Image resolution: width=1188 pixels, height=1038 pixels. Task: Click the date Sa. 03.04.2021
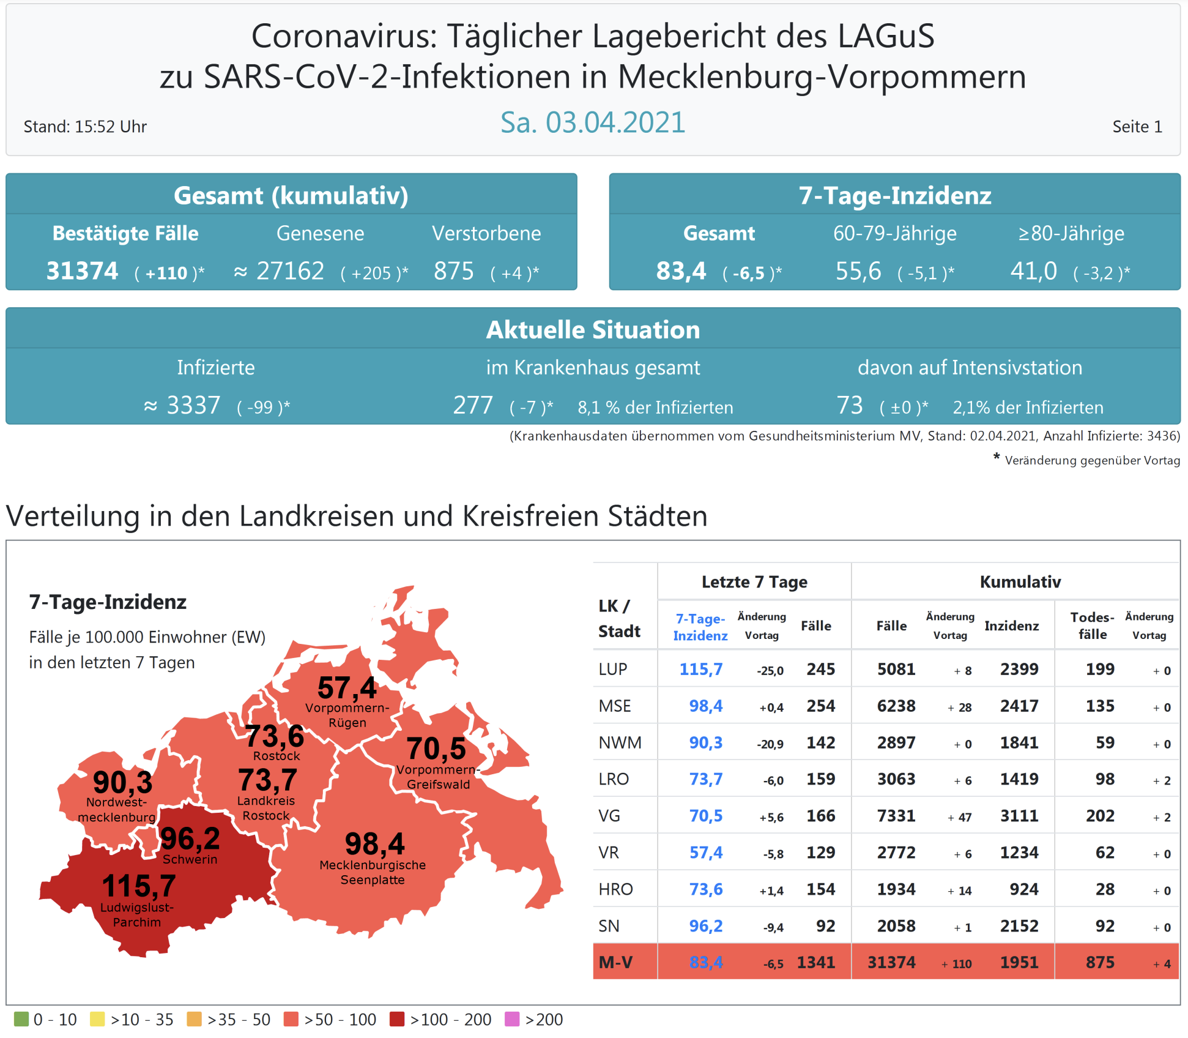(592, 122)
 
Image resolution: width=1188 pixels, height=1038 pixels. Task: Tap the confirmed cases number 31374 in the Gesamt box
(82, 271)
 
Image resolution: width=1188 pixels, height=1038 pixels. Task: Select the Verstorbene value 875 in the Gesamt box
(453, 271)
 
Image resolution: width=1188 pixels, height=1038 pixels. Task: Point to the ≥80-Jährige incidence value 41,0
(1033, 271)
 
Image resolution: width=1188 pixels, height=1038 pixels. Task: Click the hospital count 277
(472, 406)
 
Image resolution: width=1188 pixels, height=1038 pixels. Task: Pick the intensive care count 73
(849, 406)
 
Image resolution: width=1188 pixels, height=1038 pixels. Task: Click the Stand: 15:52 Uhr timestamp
(85, 127)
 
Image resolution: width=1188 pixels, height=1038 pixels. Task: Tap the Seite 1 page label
(1137, 127)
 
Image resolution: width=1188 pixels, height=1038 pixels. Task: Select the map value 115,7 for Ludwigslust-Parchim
(139, 886)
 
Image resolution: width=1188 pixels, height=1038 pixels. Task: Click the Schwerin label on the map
(190, 859)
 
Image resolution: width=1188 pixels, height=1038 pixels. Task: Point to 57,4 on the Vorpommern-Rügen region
(347, 688)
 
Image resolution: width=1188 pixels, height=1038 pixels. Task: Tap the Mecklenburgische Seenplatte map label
(373, 872)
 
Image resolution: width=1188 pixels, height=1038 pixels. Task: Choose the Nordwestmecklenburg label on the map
(116, 809)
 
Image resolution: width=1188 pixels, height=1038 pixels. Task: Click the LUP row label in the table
(612, 669)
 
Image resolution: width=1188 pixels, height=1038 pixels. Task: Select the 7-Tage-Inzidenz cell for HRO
(705, 889)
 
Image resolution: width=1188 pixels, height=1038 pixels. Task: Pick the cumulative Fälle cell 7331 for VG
(896, 816)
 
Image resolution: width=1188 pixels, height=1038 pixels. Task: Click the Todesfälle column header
(1092, 625)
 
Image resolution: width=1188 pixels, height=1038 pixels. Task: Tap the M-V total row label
(615, 962)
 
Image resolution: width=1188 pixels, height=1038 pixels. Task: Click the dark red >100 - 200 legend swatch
(397, 1019)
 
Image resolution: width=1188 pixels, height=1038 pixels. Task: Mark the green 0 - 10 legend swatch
(21, 1019)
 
